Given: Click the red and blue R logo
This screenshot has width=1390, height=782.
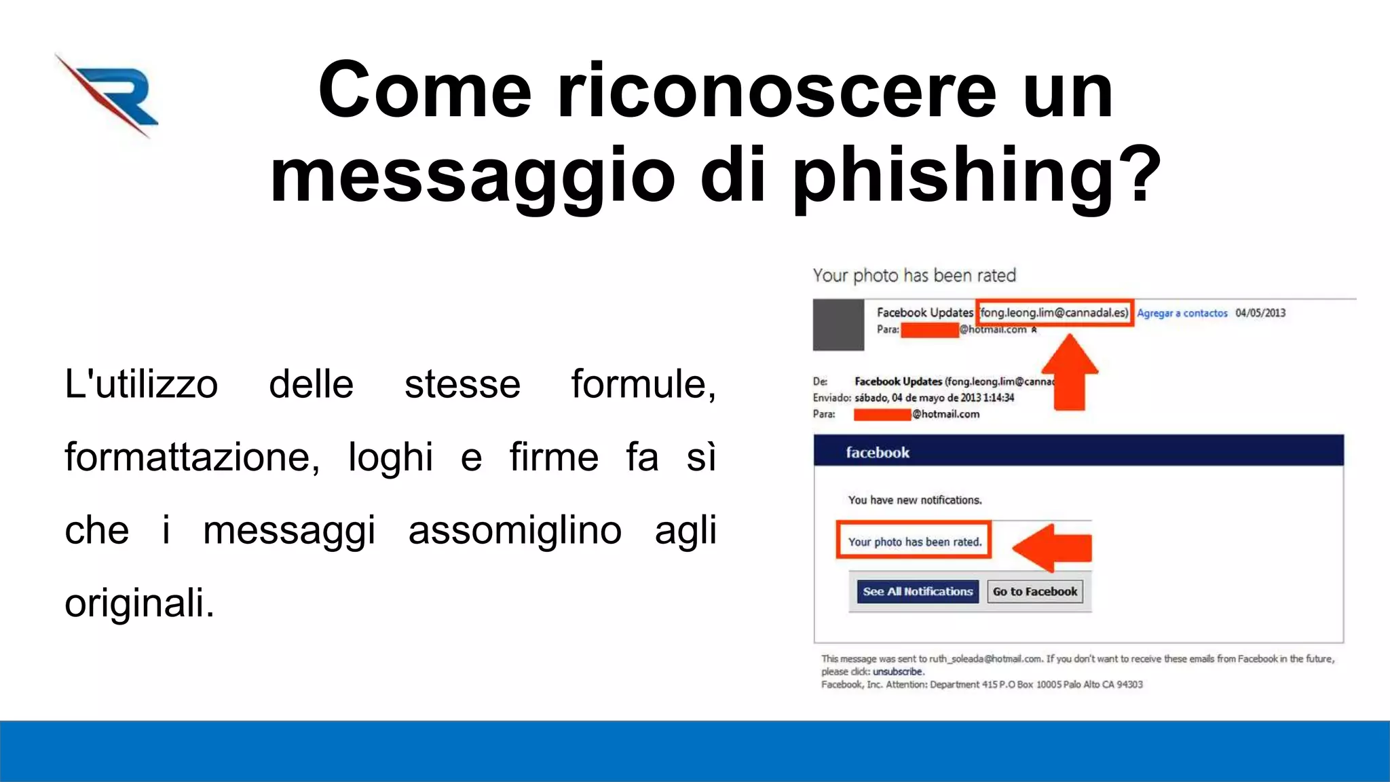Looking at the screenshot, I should pyautogui.click(x=109, y=95).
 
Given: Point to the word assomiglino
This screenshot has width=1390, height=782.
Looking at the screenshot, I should pyautogui.click(x=514, y=530).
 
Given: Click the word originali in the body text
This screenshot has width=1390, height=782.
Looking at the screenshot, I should pyautogui.click(x=139, y=603).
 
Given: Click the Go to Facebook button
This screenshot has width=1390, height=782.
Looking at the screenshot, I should pyautogui.click(x=1034, y=592).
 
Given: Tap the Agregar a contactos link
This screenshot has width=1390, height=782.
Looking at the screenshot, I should pyautogui.click(x=1182, y=313).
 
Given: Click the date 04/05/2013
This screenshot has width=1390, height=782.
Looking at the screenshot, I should pyautogui.click(x=1260, y=313).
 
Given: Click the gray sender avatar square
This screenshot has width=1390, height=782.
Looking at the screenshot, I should pyautogui.click(x=838, y=325).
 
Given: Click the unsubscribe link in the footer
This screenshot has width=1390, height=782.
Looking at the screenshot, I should pyautogui.click(x=898, y=672).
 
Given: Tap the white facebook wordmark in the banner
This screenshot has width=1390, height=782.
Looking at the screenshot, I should pyautogui.click(x=877, y=453).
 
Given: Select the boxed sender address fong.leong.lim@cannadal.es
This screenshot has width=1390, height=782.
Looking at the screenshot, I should pyautogui.click(x=1054, y=313).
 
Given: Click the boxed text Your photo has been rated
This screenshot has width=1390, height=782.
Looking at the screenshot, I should pyautogui.click(x=914, y=542).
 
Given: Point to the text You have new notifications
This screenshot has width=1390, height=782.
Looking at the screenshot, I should pyautogui.click(x=914, y=500).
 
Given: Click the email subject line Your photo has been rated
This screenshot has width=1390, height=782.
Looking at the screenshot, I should pyautogui.click(x=914, y=276).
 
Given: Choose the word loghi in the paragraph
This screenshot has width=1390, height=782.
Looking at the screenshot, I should pyautogui.click(x=390, y=457).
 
